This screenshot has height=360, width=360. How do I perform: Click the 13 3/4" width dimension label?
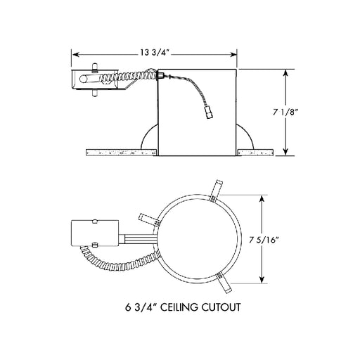pos(155,53)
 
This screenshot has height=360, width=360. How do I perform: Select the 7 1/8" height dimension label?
pos(285,112)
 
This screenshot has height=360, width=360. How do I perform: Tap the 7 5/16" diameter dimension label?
pos(264,240)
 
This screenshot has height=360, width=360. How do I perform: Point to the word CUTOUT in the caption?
pos(221,307)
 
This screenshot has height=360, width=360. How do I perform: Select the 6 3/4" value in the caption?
pos(141,307)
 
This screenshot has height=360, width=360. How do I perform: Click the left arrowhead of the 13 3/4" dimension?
pos(75,55)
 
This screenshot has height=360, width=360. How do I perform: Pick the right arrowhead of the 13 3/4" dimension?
pos(233,55)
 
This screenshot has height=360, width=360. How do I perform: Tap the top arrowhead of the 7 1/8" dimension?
pos(285,73)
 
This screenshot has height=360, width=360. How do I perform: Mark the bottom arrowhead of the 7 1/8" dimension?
pos(285,152)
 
